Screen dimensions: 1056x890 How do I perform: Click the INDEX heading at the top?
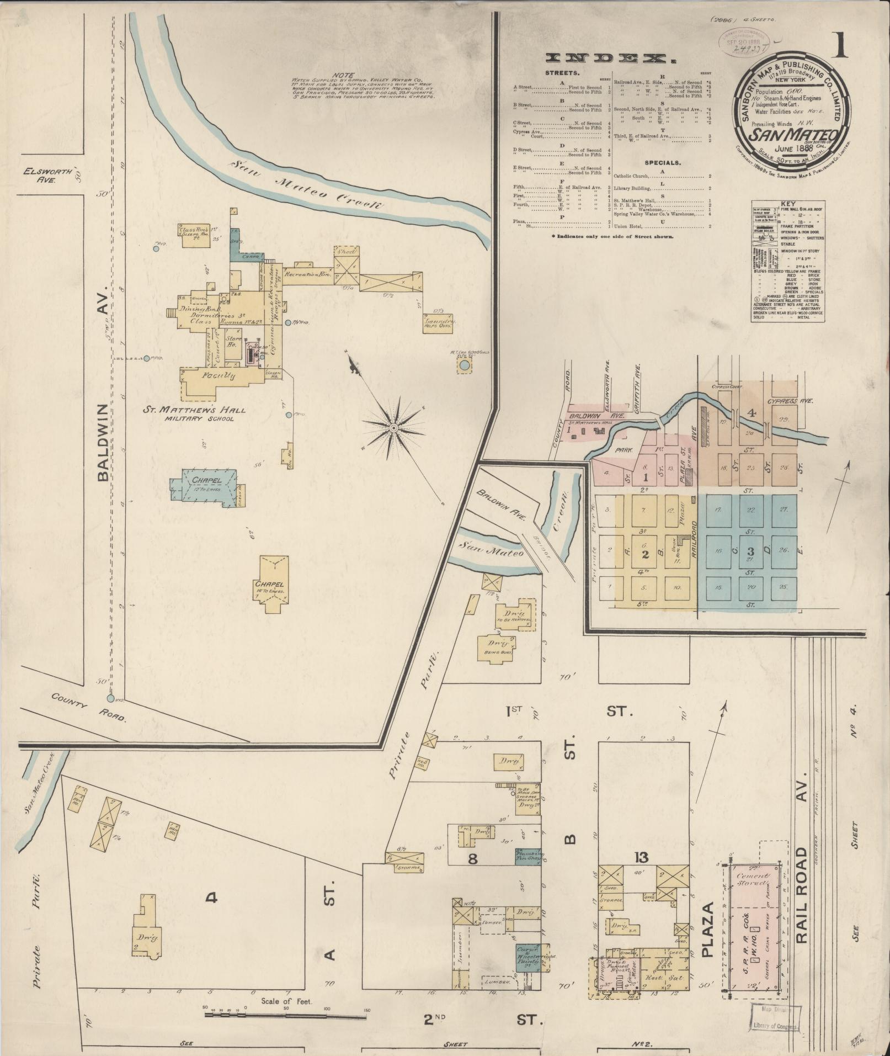[611, 59]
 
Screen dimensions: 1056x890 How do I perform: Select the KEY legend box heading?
[788, 204]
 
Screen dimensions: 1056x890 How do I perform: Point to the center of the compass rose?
[394, 428]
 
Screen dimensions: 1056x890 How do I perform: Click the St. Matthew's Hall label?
[195, 410]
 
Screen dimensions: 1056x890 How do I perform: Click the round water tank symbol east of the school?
[465, 365]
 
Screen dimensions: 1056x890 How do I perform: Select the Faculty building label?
[218, 376]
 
